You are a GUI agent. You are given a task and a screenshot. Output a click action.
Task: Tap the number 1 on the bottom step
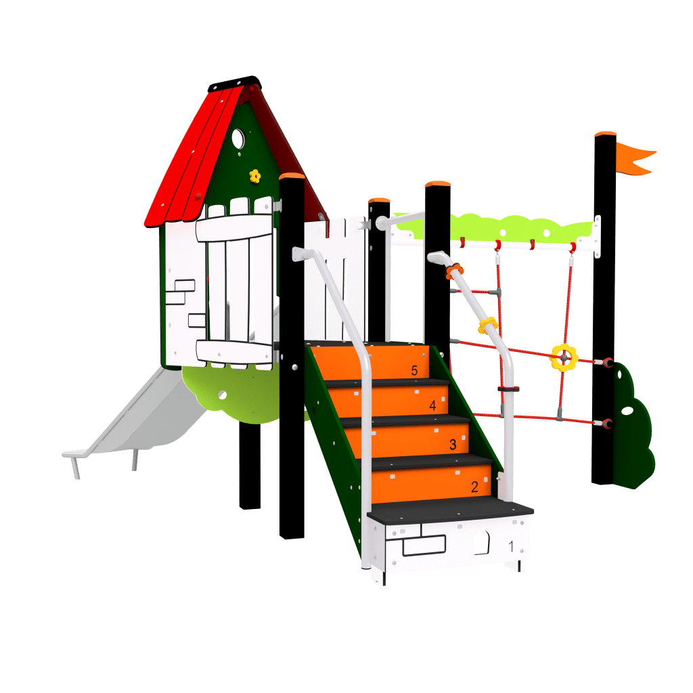511,545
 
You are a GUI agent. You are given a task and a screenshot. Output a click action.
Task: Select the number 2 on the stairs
474,486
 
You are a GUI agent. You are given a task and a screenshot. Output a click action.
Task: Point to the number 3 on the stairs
453,445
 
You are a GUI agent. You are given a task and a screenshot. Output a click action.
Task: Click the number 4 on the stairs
432,406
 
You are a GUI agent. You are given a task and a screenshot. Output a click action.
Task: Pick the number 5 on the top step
414,370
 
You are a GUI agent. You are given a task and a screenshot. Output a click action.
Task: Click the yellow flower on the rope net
563,356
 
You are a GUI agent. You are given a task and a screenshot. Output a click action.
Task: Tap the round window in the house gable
238,138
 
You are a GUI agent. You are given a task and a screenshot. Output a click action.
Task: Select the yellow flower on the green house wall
254,176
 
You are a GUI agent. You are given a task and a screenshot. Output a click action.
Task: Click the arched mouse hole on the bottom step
481,542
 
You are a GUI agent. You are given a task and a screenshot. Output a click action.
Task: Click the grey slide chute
149,413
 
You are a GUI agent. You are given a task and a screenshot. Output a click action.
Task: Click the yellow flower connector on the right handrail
488,326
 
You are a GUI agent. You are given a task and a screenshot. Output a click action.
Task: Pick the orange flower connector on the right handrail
454,272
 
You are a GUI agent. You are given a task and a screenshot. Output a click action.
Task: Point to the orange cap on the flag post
605,135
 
